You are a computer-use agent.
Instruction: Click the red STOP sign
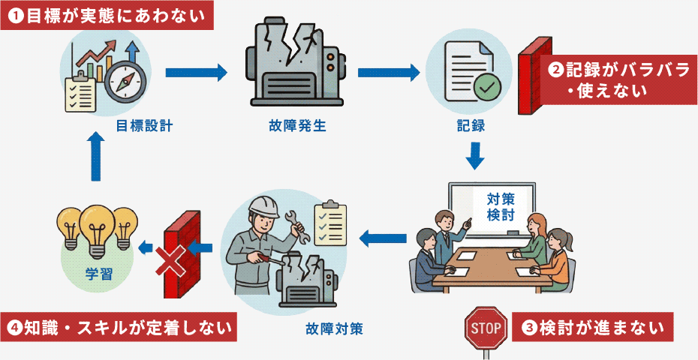point(483,327)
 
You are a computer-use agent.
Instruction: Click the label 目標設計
point(144,125)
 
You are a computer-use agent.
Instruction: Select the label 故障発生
point(296,125)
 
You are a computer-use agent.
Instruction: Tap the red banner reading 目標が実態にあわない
point(107,16)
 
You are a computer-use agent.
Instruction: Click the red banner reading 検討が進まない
point(592,327)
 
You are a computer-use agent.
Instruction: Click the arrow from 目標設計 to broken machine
point(195,73)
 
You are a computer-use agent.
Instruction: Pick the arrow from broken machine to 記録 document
point(388,73)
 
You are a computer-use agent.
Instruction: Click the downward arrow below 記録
point(474,155)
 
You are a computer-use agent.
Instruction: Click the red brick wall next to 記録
point(534,75)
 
